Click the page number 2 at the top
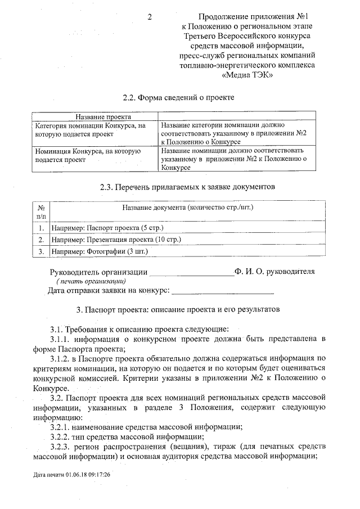click(150, 17)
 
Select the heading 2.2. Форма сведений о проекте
click(178, 97)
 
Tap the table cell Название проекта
click(93, 115)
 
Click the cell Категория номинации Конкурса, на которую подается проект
click(93, 130)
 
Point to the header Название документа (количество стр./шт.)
click(187, 208)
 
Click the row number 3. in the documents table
click(41, 251)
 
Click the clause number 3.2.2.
click(61, 436)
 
